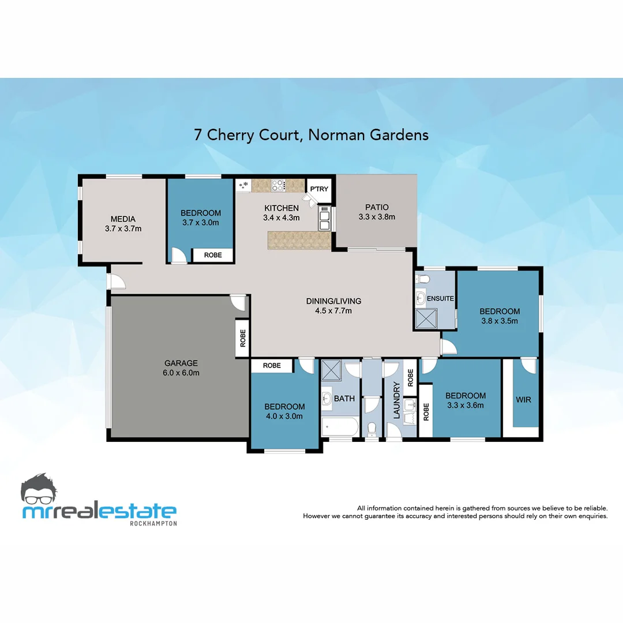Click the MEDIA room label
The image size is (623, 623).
123,219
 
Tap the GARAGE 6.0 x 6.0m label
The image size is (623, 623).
181,367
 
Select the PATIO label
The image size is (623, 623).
376,208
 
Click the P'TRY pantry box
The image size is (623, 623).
319,189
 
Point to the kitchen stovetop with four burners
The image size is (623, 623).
279,185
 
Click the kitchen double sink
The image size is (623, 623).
324,217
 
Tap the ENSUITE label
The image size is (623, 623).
440,298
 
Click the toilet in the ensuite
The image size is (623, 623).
424,279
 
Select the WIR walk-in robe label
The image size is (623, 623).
524,400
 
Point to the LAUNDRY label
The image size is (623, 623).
397,400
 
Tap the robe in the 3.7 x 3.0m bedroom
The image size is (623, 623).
213,255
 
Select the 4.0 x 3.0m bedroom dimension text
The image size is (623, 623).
284,416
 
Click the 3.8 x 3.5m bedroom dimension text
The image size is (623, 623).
500,321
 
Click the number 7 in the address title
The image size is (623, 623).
198,135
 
